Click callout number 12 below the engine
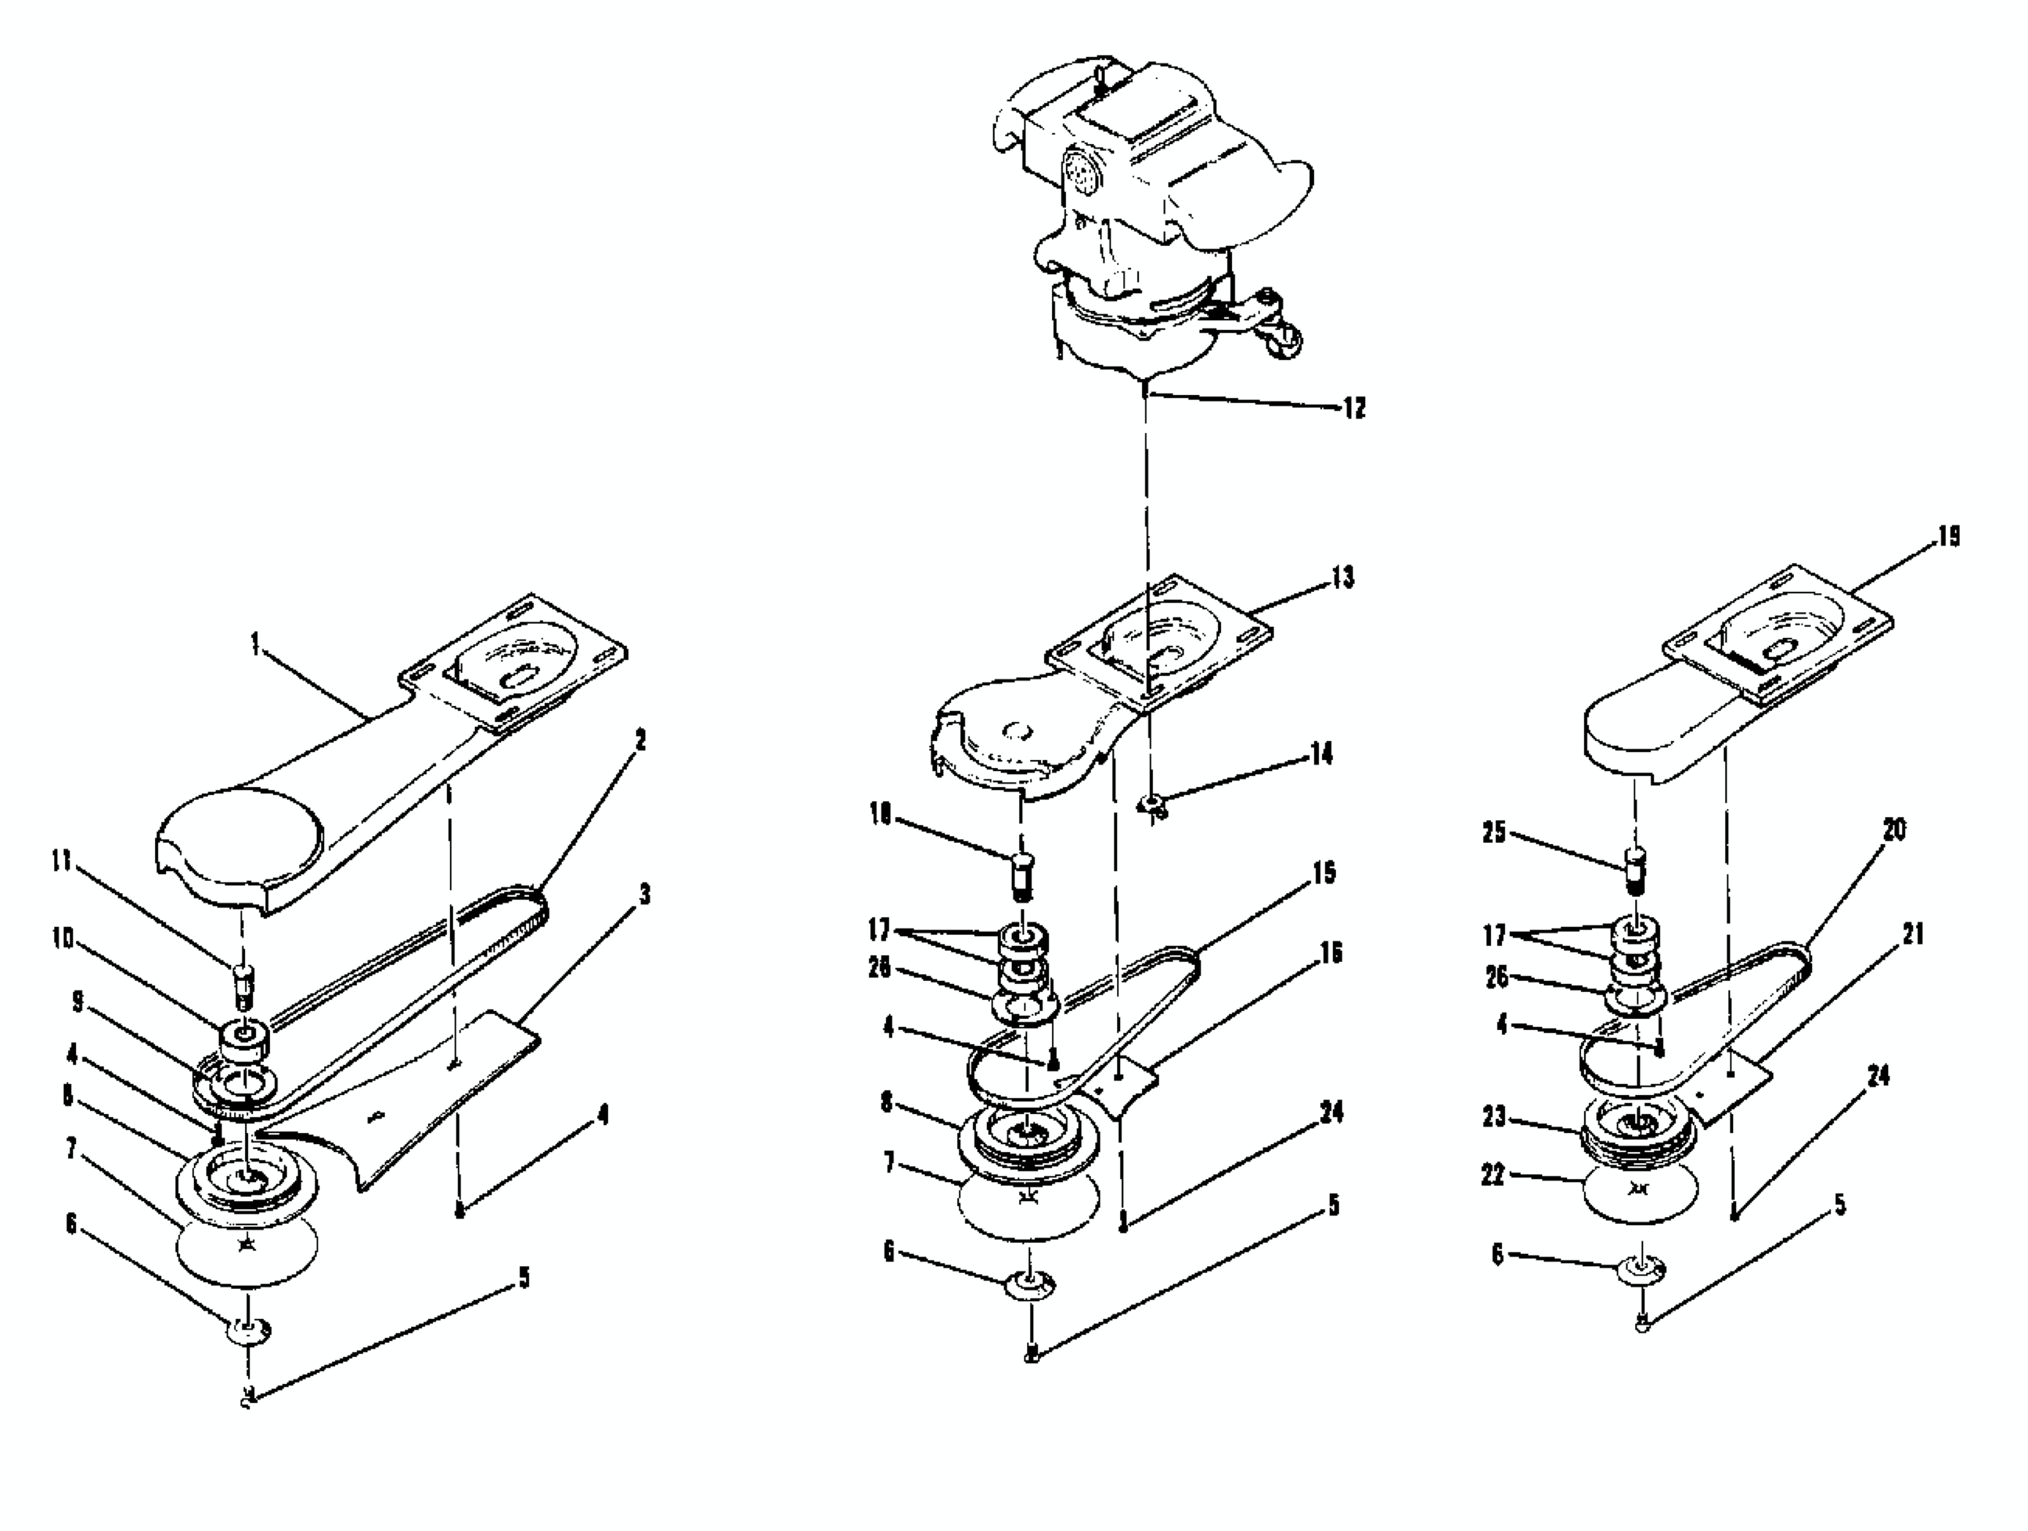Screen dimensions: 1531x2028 coord(1353,408)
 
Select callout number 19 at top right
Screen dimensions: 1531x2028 coord(1948,536)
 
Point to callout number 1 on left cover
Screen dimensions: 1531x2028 coord(256,645)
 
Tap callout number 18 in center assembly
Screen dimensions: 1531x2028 coord(880,816)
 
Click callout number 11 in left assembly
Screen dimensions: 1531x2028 coord(62,865)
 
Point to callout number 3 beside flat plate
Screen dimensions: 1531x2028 coord(645,894)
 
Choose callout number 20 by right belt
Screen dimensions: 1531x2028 coord(1893,830)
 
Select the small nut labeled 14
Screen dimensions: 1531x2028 coord(1152,807)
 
